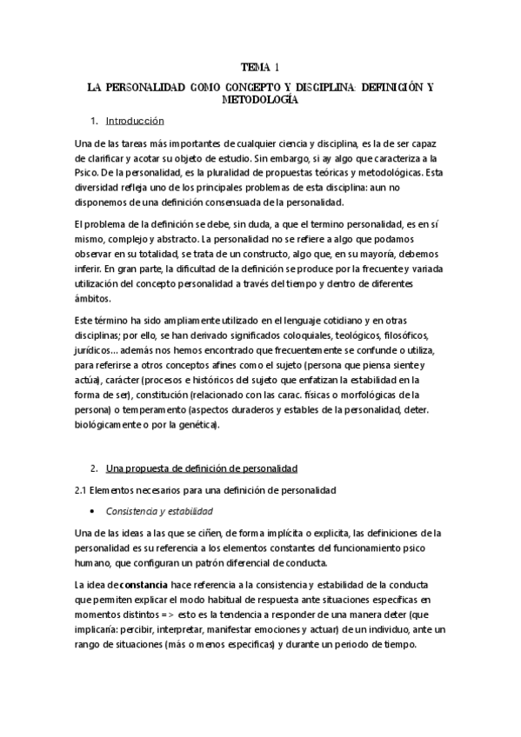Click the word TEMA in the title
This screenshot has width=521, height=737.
pos(254,67)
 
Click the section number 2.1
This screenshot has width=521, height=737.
pos(85,491)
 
